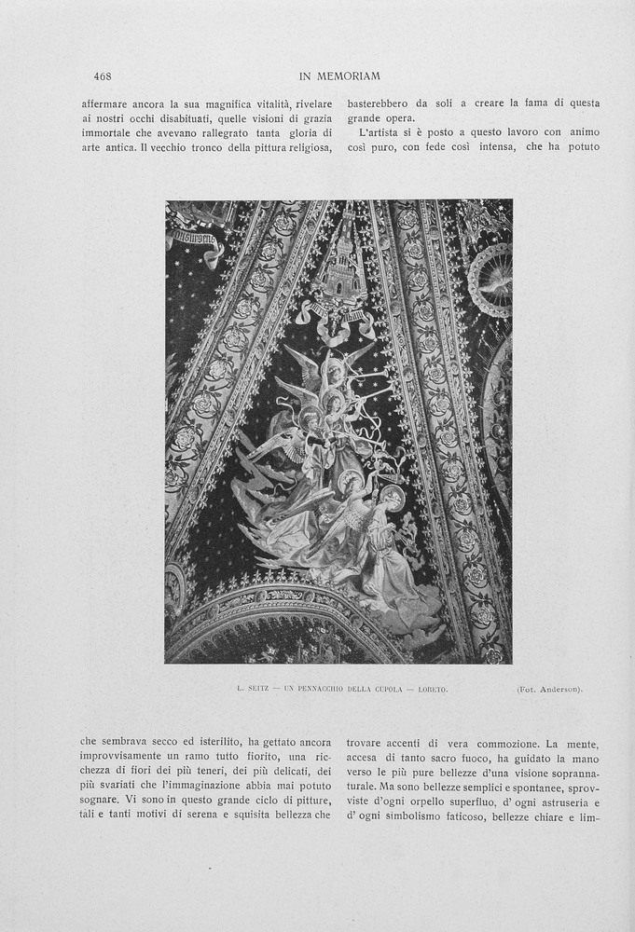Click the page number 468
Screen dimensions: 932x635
(103, 75)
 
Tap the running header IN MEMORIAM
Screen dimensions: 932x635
(340, 75)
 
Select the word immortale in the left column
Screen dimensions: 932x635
(108, 136)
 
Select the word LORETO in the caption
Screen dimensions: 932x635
(432, 690)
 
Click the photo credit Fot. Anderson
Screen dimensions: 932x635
(548, 690)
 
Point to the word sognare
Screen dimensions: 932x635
(100, 799)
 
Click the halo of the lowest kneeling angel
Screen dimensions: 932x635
(393, 495)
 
